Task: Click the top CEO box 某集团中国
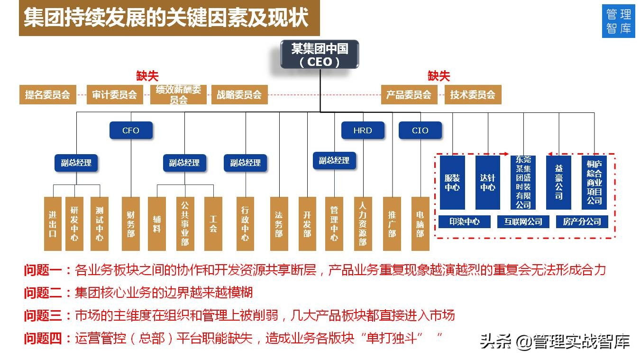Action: coord(320,54)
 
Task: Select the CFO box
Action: coord(131,130)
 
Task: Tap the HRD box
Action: coord(363,130)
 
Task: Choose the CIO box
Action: coord(420,130)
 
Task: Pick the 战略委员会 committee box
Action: coord(239,94)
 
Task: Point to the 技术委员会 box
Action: coord(473,94)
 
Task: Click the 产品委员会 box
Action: coord(409,94)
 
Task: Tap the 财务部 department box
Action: coord(131,223)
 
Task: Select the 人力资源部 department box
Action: coord(363,223)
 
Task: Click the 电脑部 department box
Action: coord(420,223)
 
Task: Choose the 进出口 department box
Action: coord(53,223)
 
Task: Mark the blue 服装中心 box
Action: coord(452,183)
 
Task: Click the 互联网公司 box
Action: coord(523,222)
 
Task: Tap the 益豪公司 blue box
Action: coord(558,183)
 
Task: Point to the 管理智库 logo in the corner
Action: coord(618,21)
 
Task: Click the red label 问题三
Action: coord(43,315)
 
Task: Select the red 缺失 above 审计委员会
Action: coord(147,76)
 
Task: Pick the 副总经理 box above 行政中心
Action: coord(245,163)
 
